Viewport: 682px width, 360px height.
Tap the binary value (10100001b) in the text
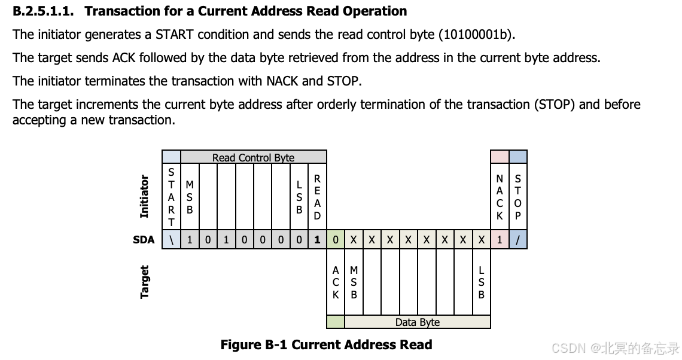[476, 35]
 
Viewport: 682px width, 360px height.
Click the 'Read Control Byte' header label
[253, 158]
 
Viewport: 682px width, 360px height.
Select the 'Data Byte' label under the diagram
[417, 322]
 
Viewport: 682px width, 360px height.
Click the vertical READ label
[317, 197]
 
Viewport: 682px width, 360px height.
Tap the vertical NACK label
[500, 197]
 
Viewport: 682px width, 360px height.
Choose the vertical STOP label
[518, 197]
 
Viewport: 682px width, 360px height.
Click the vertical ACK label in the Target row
[336, 282]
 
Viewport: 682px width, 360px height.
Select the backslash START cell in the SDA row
[171, 240]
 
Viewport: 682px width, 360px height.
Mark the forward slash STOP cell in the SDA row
[518, 240]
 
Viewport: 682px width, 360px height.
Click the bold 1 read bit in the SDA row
[317, 240]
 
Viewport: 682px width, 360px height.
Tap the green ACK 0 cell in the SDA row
[336, 240]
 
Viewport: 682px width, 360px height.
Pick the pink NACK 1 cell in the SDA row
[500, 240]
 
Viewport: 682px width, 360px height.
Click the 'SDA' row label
[144, 240]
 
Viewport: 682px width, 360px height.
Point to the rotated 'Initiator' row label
[144, 196]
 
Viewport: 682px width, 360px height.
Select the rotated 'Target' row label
[144, 282]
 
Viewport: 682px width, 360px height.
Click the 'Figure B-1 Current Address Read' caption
[326, 344]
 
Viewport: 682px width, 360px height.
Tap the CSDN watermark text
[616, 348]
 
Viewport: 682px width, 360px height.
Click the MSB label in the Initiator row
[190, 197]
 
